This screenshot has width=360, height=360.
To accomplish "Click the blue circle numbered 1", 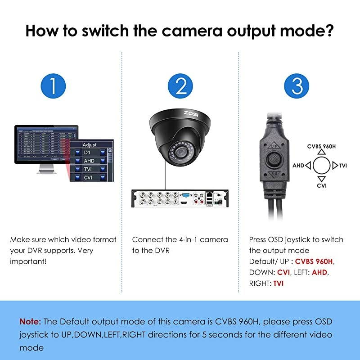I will click(54, 86).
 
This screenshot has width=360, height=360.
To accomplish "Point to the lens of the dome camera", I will click(180, 152).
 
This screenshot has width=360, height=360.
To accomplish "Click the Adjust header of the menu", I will click(90, 145).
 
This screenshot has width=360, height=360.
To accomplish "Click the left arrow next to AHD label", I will click(308, 166).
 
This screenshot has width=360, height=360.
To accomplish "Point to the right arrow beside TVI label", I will click(334, 166).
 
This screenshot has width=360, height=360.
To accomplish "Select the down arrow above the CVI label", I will click(321, 178).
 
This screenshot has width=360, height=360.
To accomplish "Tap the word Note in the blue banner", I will click(30, 321).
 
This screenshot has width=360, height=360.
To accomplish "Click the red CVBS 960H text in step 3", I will click(315, 261).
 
